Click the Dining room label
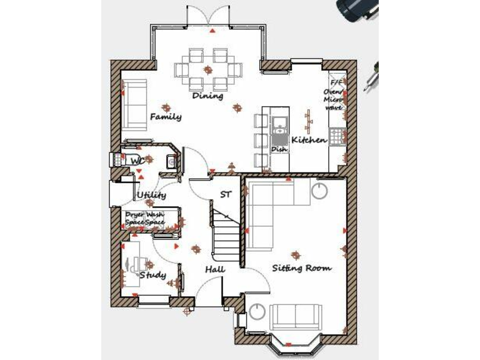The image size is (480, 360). point(207,96)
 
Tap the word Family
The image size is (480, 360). point(166,117)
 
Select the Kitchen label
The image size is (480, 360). point(309,140)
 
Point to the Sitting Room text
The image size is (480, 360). point(301,268)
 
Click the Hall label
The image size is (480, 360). point(215,269)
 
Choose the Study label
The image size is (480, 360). point(152,275)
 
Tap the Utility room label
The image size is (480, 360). point(151,196)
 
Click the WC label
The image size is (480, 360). point(137,161)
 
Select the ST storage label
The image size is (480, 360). point(226,195)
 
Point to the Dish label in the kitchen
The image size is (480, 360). point(278,150)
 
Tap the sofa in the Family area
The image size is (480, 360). point(135,104)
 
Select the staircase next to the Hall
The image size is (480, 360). point(227,234)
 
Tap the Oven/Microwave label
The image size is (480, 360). point(334,95)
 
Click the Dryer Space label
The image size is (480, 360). point(134,219)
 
